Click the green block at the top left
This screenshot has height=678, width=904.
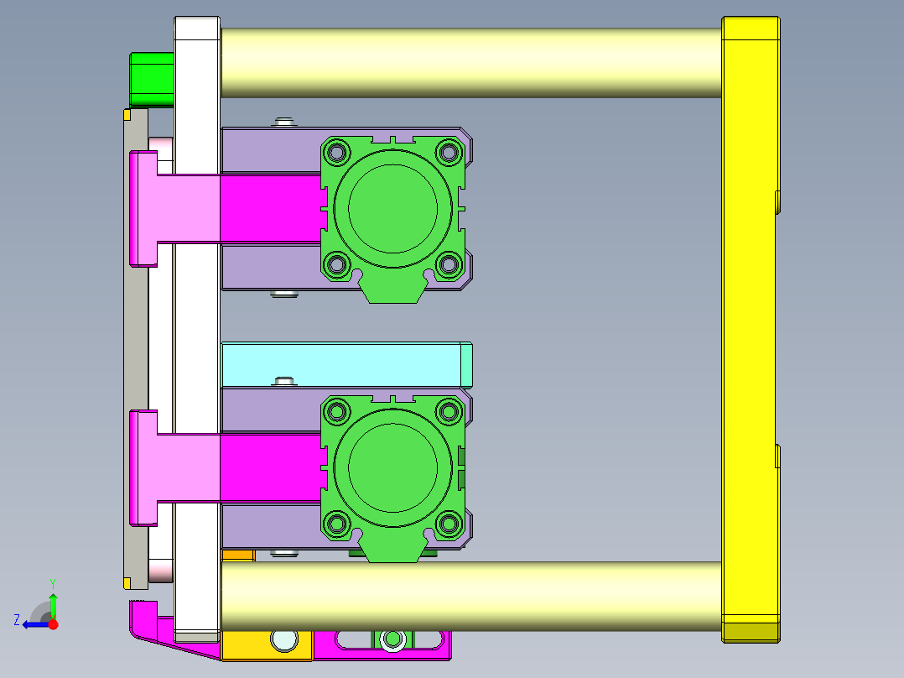153,80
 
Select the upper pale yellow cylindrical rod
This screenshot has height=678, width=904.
471,62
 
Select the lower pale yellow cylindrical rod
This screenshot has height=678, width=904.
471,596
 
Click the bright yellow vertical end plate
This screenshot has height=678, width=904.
751,329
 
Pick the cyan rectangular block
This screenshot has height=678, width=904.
346,365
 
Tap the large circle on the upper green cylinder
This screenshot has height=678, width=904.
392,208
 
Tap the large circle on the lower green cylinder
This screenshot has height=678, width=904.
392,467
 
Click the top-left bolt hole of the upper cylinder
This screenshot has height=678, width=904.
337,153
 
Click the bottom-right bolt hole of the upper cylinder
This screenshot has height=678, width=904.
449,265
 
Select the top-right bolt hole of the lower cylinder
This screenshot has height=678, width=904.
449,411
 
